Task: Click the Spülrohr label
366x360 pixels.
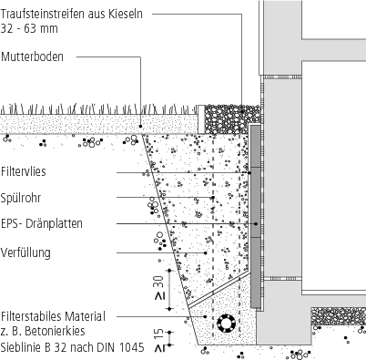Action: [x=23, y=196]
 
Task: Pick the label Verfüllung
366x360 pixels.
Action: [x=26, y=251]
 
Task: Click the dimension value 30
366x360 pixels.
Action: [x=159, y=278]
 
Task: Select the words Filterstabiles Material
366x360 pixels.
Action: [x=53, y=315]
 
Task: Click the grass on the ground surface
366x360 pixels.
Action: [x=91, y=108]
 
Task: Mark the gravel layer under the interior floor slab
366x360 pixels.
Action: [x=338, y=314]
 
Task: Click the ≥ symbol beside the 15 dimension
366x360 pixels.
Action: [x=159, y=347]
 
